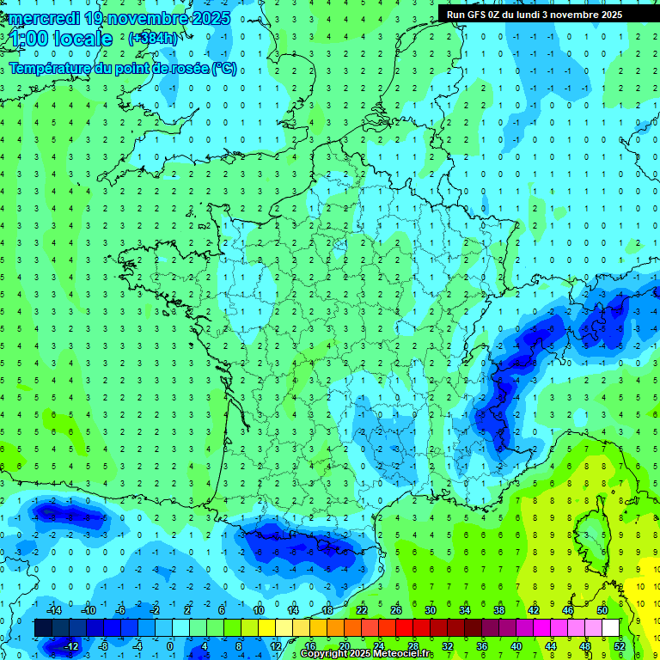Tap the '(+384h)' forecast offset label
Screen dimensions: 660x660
[152, 39]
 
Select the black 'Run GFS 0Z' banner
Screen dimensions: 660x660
[547, 15]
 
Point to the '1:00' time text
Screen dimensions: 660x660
[29, 39]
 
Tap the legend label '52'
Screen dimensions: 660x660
[619, 646]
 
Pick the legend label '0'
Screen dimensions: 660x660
[169, 646]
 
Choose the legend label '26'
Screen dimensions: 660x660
[395, 609]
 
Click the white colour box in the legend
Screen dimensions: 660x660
[610, 628]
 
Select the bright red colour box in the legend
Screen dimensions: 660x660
[404, 628]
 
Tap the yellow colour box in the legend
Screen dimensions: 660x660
[266, 628]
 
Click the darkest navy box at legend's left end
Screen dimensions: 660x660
[43, 628]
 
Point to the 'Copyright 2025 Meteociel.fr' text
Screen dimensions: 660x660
[366, 654]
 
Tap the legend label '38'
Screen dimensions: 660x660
[498, 609]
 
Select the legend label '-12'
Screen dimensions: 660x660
[71, 646]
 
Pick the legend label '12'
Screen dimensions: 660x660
[276, 646]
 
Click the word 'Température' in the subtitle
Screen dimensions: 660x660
[46, 69]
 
